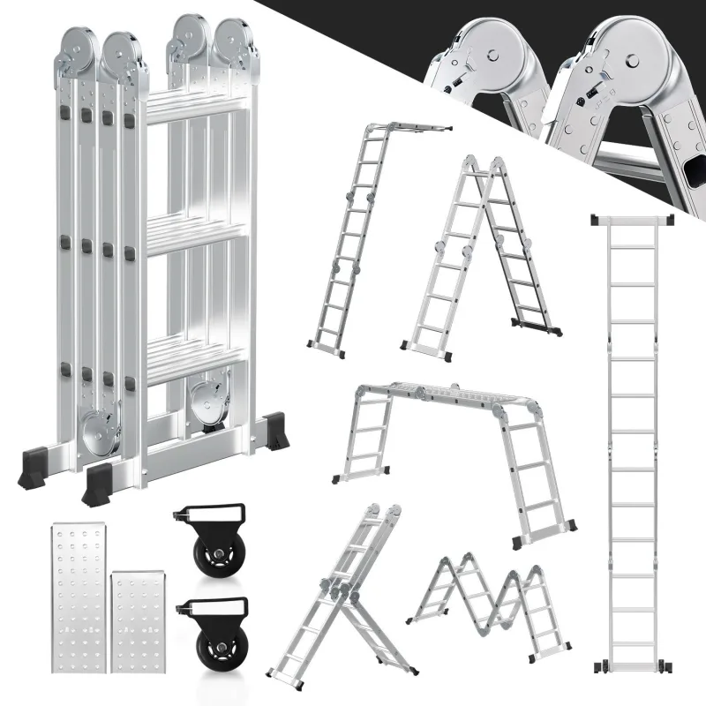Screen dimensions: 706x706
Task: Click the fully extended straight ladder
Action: (634, 441)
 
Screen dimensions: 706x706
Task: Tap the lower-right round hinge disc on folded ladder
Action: (208, 396)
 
